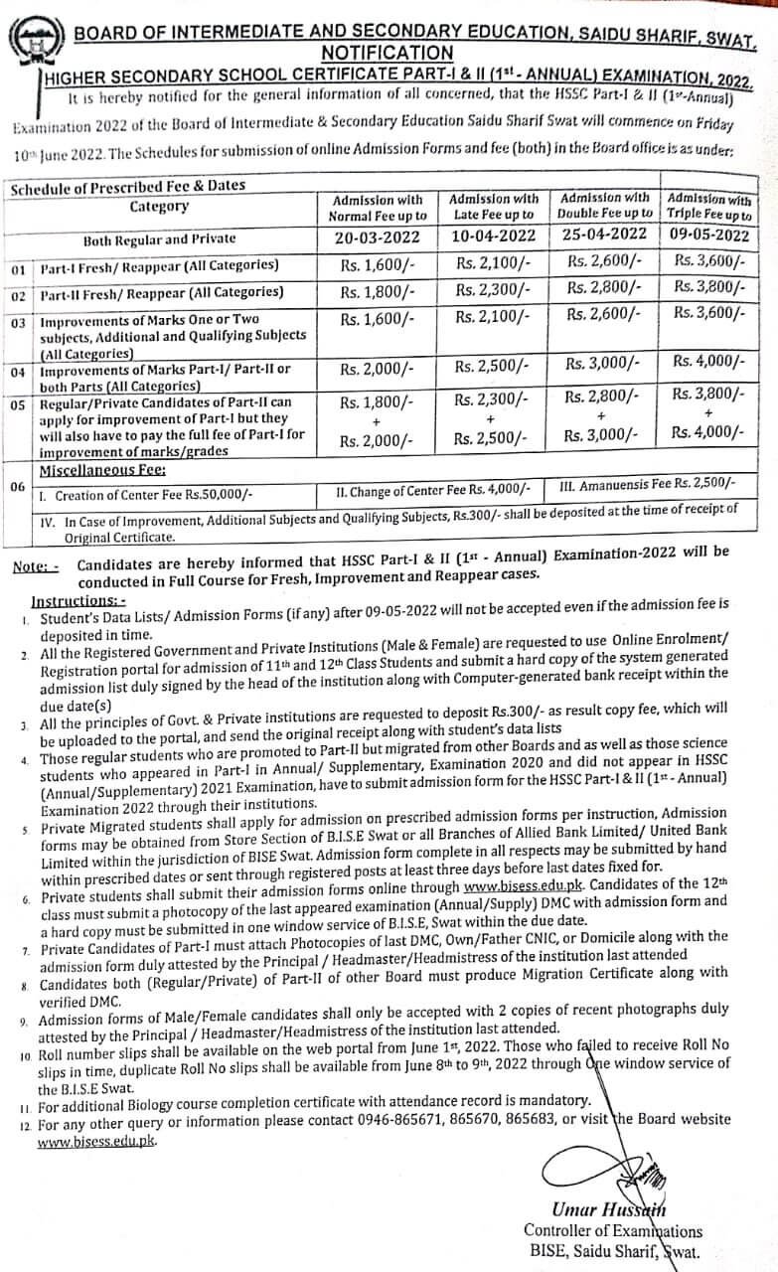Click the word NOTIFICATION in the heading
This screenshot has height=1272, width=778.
click(388, 52)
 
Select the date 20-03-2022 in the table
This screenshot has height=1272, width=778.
click(378, 237)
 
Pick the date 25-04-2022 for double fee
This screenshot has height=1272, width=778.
click(604, 236)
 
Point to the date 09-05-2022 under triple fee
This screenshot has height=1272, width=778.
click(708, 235)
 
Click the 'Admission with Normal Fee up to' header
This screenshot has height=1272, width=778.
click(378, 208)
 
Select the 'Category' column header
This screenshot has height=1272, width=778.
click(159, 207)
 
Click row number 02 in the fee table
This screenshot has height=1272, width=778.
click(19, 295)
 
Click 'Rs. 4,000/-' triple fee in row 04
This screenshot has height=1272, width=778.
click(708, 362)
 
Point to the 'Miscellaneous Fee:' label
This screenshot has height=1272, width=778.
click(101, 469)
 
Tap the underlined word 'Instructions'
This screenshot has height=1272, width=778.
click(78, 600)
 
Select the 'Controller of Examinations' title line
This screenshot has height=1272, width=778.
click(612, 1230)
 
